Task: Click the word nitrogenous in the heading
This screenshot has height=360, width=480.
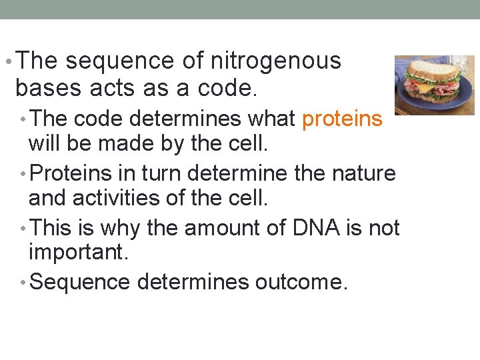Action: (x=275, y=61)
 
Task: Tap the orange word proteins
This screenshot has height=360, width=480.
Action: (x=342, y=119)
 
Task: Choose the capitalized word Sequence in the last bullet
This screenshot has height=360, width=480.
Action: (x=80, y=283)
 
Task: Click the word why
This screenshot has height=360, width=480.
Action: (x=121, y=228)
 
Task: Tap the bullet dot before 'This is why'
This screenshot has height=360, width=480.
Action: (x=24, y=229)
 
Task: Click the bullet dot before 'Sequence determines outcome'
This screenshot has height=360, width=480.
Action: (x=24, y=283)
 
